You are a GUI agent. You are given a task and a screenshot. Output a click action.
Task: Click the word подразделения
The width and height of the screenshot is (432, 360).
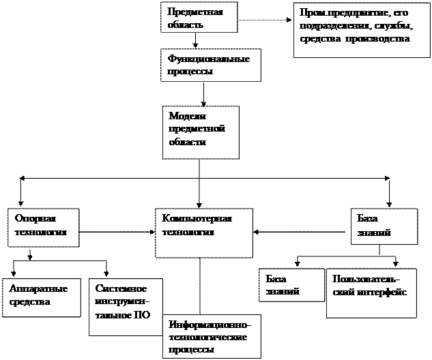pos(330,26)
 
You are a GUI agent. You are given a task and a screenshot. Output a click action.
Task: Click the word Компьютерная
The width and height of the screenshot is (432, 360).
pos(197,218)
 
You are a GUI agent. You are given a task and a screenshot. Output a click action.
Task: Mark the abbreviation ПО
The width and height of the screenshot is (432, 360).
pos(141,314)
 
